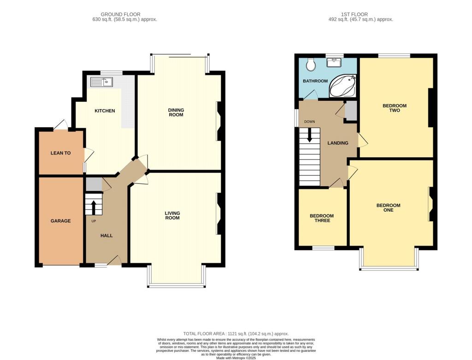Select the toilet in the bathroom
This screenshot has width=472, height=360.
[311, 65]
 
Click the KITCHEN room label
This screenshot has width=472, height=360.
[105, 111]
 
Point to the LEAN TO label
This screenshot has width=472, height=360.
[60, 153]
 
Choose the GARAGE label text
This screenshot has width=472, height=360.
[60, 221]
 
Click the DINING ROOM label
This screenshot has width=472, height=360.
[176, 112]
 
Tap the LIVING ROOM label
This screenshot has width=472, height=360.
[172, 215]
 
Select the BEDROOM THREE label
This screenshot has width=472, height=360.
[322, 218]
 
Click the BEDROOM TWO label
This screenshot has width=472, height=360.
[395, 108]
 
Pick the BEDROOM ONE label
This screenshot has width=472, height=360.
[388, 207]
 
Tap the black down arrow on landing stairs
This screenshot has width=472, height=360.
[310, 134]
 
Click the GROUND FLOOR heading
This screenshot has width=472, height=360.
[121, 14]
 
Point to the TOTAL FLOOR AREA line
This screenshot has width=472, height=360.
[236, 333]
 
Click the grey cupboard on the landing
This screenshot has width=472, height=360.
[351, 111]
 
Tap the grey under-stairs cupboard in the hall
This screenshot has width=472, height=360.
[94, 184]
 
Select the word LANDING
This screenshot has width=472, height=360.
[338, 143]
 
